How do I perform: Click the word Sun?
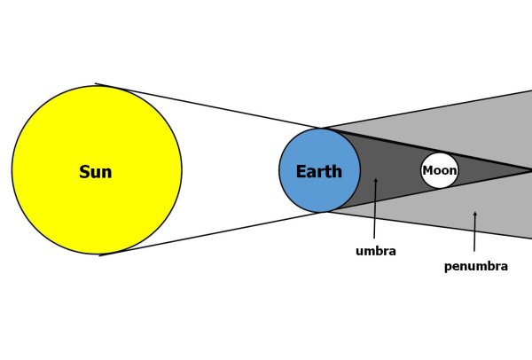pyautogui.click(x=96, y=172)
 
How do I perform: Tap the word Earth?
pyautogui.click(x=319, y=171)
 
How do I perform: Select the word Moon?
pyautogui.click(x=440, y=170)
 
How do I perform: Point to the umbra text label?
pyautogui.click(x=376, y=251)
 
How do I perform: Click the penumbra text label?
pyautogui.click(x=476, y=266)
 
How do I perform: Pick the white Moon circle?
pyautogui.click(x=440, y=170)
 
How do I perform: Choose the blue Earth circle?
pyautogui.click(x=319, y=170)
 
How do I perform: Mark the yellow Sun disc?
pyautogui.click(x=97, y=169)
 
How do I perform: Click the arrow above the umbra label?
pyautogui.click(x=375, y=208)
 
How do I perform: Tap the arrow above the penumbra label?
pyautogui.click(x=474, y=231)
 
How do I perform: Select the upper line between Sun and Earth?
pyautogui.click(x=208, y=106)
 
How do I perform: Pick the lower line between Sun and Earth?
pyautogui.click(x=210, y=234)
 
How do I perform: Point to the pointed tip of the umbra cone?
pyautogui.click(x=530, y=170)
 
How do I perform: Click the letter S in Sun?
pyautogui.click(x=84, y=172)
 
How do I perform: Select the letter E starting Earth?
pyautogui.click(x=301, y=172)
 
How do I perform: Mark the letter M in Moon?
pyautogui.click(x=427, y=170)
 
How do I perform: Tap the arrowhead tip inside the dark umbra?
pyautogui.click(x=376, y=179)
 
